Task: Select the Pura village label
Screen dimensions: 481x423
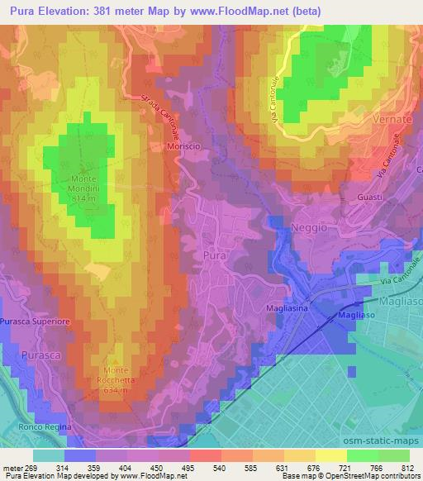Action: click(x=212, y=256)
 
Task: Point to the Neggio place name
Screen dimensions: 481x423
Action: click(x=310, y=226)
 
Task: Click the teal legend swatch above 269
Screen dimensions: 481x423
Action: click(x=49, y=455)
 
